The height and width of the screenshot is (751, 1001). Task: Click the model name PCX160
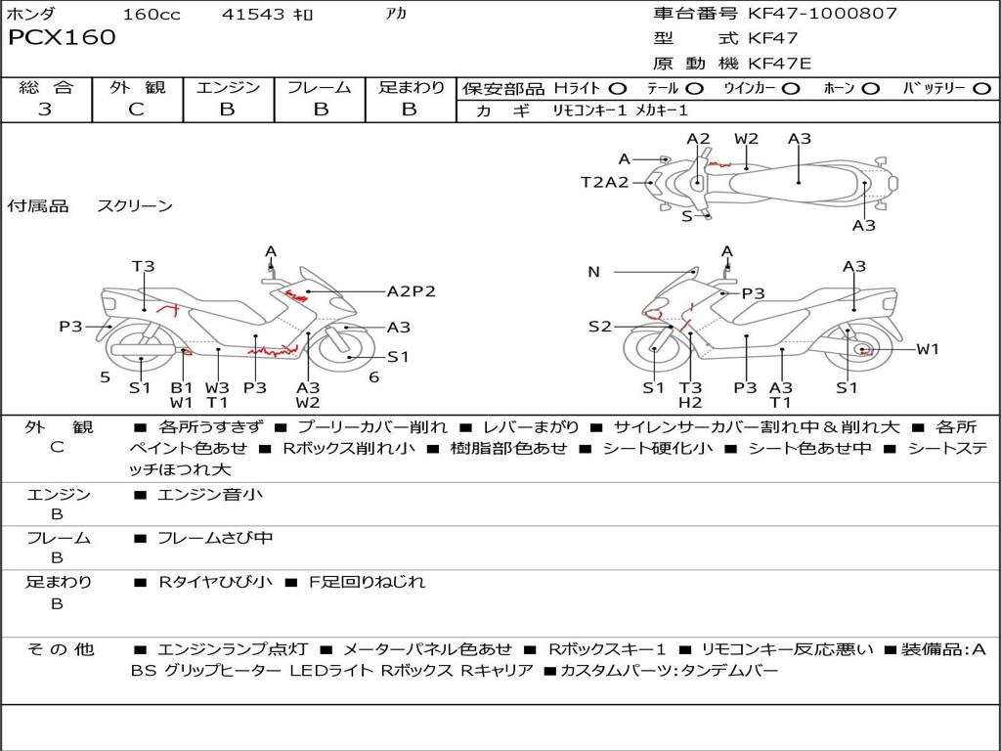(62, 38)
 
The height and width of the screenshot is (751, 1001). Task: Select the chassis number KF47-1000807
(822, 14)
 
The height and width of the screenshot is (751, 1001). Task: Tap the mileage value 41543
(253, 14)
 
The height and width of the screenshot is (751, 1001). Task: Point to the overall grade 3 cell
(45, 110)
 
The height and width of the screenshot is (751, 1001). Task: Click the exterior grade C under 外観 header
(136, 110)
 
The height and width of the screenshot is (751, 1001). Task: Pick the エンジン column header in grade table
(227, 88)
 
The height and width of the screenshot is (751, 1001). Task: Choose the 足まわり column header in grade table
(411, 88)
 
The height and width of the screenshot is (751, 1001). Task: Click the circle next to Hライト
(618, 89)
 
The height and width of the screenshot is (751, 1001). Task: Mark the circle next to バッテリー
(981, 89)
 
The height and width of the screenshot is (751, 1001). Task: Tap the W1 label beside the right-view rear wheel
(927, 349)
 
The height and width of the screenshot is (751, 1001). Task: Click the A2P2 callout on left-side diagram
(411, 291)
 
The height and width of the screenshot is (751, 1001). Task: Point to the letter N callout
(593, 272)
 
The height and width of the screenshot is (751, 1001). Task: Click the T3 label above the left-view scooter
(144, 266)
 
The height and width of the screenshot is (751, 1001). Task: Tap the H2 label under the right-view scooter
(690, 402)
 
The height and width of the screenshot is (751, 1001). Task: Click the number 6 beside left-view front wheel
(373, 377)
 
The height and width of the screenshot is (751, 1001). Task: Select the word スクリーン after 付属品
(135, 206)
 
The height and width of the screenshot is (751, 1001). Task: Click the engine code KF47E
(780, 64)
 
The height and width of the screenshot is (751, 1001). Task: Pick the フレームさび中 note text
(215, 539)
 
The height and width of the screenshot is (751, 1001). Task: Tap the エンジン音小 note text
(210, 495)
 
